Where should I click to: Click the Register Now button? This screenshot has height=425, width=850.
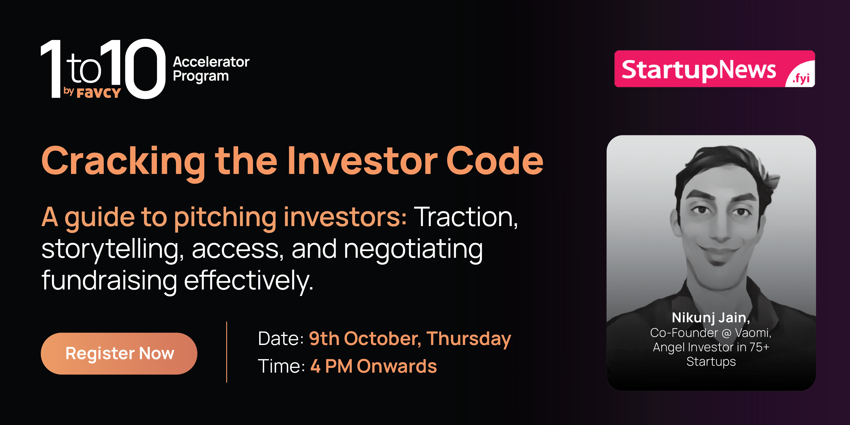pos(119,353)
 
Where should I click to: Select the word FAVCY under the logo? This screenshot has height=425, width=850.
pos(99,93)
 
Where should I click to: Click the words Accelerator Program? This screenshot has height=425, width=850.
pos(211,69)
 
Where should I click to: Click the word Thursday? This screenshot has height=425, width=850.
pos(469,339)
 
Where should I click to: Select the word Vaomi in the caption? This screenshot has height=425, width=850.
pos(753,333)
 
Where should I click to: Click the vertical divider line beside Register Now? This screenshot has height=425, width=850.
pos(227,352)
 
